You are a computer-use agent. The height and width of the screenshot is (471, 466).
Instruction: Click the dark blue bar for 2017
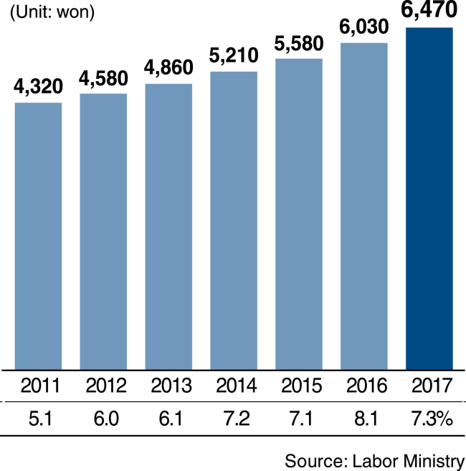pyautogui.click(x=429, y=199)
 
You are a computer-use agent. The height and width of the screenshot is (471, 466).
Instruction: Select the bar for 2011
pyautogui.click(x=39, y=236)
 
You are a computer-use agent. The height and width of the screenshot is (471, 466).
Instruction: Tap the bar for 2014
pyautogui.click(x=234, y=221)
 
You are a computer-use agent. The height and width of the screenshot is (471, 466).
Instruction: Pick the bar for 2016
pyautogui.click(x=364, y=206)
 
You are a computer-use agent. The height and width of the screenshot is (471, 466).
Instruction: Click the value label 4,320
pyautogui.click(x=38, y=87)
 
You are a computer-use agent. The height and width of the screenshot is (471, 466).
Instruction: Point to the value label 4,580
pyautogui.click(x=103, y=79)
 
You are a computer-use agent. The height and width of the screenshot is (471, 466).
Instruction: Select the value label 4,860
pyautogui.click(x=168, y=67)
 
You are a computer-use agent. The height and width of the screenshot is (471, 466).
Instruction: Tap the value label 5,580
pyautogui.click(x=299, y=44)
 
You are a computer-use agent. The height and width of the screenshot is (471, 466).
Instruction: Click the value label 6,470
pyautogui.click(x=429, y=10)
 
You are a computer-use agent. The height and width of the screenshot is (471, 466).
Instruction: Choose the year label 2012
pyautogui.click(x=106, y=386)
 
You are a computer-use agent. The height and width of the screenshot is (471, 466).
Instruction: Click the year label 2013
pyautogui.click(x=171, y=386)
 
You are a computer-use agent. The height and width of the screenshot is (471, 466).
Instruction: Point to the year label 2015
pyautogui.click(x=301, y=386)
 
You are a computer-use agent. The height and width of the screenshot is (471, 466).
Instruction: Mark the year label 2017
pyautogui.click(x=432, y=386)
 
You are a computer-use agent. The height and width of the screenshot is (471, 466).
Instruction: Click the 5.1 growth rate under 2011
pyautogui.click(x=40, y=419)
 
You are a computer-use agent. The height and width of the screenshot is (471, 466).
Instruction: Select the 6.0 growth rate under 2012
pyautogui.click(x=106, y=419)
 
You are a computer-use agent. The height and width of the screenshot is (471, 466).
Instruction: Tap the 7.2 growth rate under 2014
pyautogui.click(x=237, y=419)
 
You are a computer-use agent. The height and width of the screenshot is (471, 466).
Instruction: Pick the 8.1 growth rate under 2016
pyautogui.click(x=366, y=419)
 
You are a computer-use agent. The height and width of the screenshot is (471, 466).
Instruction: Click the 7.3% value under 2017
pyautogui.click(x=432, y=419)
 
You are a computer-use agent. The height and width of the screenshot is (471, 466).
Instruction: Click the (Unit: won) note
pyautogui.click(x=52, y=12)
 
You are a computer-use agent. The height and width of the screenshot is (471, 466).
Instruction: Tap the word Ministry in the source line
pyautogui.click(x=434, y=462)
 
